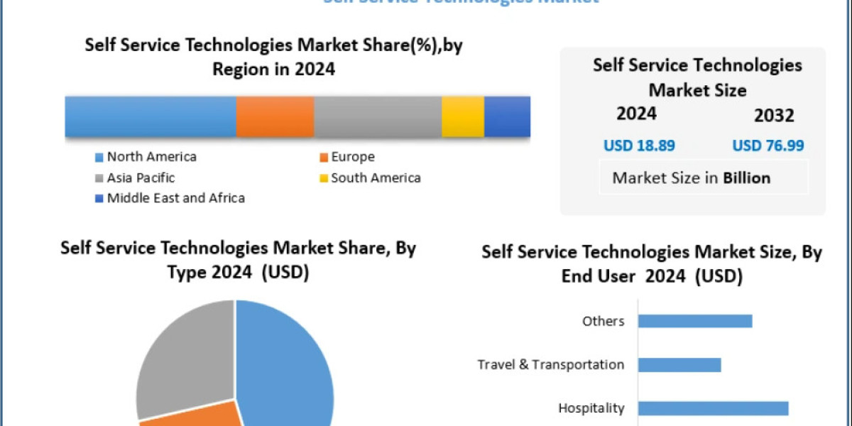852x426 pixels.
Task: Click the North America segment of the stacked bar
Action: point(151,116)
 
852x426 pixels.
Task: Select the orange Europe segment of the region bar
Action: point(275,116)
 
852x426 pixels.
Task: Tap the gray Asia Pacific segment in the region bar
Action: point(377,116)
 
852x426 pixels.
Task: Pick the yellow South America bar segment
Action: point(462,116)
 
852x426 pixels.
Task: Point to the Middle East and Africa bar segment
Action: point(507,116)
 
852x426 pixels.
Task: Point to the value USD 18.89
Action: point(639,146)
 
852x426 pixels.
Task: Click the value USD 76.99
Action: point(768,146)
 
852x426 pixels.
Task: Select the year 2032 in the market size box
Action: point(775,116)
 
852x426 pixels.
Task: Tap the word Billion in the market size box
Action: point(746,177)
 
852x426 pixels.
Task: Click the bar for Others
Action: point(694,321)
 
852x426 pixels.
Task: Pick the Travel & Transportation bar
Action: point(679,365)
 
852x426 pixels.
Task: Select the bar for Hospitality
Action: point(713,408)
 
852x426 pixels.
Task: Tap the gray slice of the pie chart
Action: point(181,355)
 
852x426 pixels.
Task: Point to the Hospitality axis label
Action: point(591,408)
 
